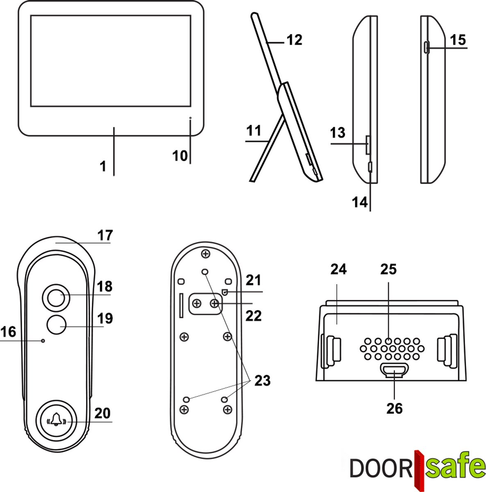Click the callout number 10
click(x=179, y=156)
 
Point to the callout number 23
click(x=262, y=380)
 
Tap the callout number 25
click(x=388, y=269)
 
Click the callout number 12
click(x=294, y=40)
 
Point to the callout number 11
click(x=254, y=131)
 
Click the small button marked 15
click(x=427, y=48)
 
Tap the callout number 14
click(x=360, y=202)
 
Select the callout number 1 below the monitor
click(x=103, y=166)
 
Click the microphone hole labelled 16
click(x=43, y=341)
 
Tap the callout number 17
click(x=105, y=236)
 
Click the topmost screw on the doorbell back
click(x=205, y=255)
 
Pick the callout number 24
click(x=338, y=269)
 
